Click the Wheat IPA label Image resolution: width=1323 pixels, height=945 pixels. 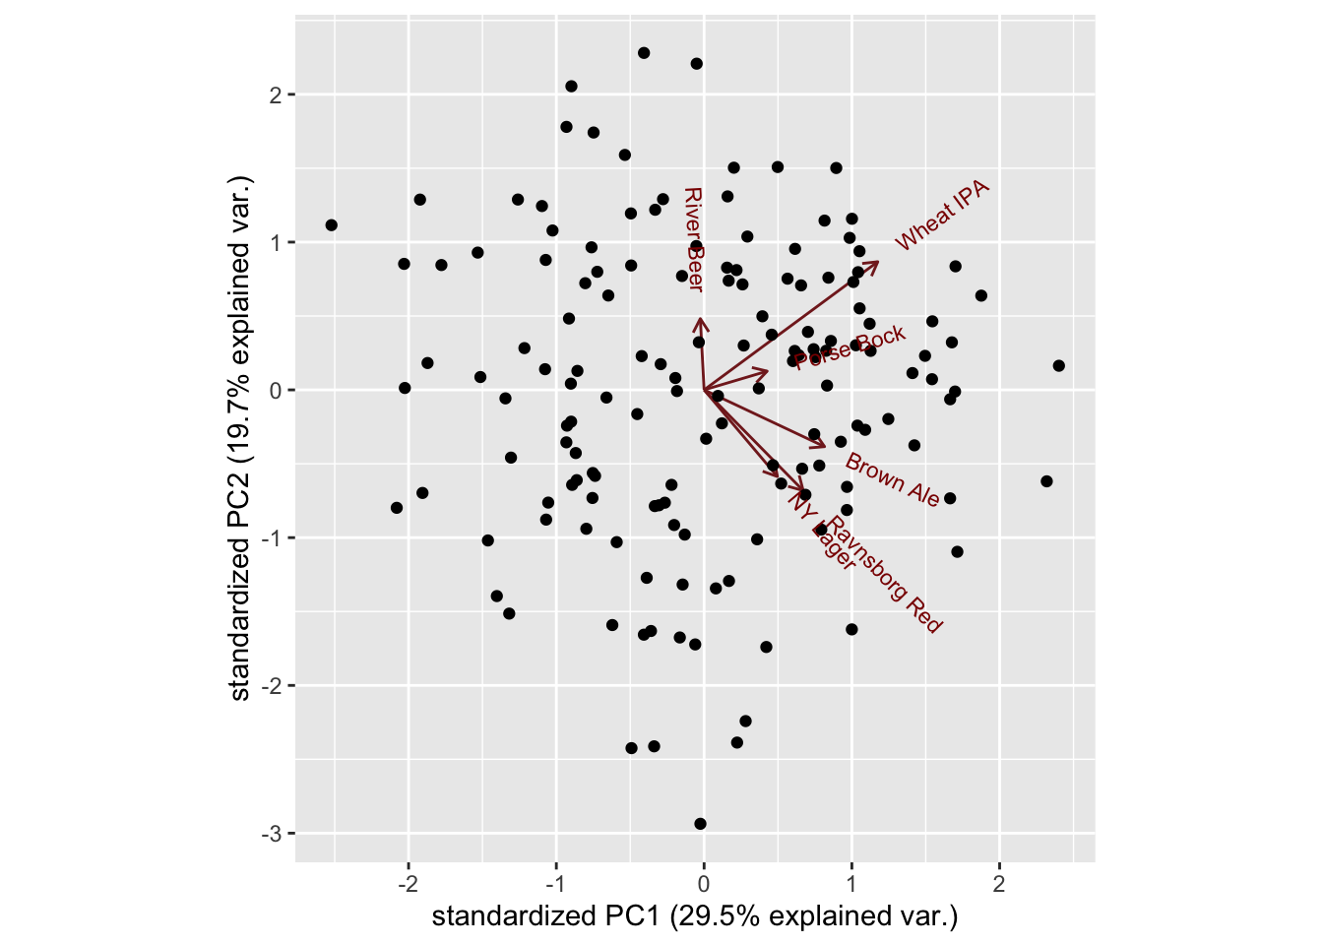(x=942, y=216)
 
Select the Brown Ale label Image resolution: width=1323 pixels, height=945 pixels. (x=893, y=480)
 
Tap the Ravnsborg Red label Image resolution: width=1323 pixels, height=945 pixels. (x=884, y=574)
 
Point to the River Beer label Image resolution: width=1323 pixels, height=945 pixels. (x=693, y=239)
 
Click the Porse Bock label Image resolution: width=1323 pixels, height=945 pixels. (x=850, y=348)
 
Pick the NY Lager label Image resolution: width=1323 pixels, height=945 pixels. (x=821, y=531)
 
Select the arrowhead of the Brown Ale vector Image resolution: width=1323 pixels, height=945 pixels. (x=826, y=446)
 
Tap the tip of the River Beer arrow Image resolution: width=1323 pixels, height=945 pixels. (x=699, y=319)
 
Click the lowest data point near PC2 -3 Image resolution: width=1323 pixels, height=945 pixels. (x=700, y=824)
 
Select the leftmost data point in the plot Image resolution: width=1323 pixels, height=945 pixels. (x=332, y=225)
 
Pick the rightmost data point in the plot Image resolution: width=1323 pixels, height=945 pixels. (x=1059, y=366)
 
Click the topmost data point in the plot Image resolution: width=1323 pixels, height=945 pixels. (x=644, y=53)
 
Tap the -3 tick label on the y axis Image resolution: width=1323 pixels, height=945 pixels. (x=272, y=834)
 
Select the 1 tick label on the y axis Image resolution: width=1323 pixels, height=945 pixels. (x=276, y=243)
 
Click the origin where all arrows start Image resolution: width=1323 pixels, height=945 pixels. (x=704, y=391)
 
